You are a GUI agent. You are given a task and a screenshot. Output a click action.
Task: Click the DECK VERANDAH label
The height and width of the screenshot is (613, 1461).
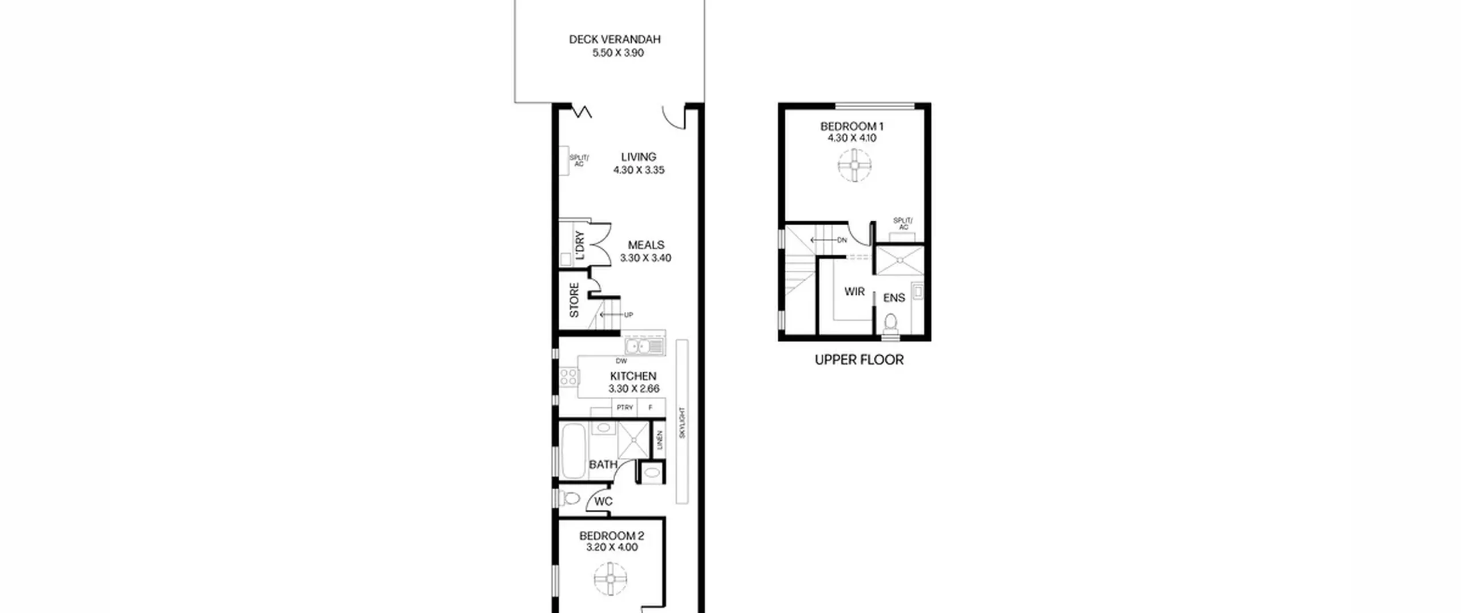point(615,39)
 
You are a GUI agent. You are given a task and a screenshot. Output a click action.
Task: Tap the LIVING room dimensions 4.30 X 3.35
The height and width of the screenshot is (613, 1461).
point(639,170)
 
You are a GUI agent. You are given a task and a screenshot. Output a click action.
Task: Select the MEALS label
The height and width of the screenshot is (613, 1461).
point(646,245)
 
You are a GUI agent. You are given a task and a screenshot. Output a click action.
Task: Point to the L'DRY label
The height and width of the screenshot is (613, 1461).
point(580,245)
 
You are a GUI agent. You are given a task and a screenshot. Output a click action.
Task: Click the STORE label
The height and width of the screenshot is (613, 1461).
point(574,301)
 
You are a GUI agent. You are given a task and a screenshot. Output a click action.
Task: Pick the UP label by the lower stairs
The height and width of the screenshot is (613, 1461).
point(628,315)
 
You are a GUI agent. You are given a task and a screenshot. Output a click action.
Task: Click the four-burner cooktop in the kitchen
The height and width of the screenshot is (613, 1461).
point(568,377)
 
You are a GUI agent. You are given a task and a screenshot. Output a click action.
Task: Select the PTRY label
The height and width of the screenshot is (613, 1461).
point(625,408)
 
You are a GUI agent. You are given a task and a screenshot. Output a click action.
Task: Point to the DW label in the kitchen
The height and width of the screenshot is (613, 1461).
point(621,361)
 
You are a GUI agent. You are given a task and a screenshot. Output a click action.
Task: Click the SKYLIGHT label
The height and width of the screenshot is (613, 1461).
point(682,423)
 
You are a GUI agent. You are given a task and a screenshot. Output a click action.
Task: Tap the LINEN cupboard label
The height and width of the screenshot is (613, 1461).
point(660,440)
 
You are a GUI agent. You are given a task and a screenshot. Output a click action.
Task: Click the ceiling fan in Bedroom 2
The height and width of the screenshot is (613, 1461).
point(611,579)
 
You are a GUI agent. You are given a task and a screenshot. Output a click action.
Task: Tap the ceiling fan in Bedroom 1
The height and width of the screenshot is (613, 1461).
point(855,165)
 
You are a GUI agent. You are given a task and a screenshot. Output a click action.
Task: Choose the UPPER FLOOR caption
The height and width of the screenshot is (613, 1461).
point(859,360)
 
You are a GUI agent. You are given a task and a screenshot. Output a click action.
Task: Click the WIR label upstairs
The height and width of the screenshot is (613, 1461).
point(854,292)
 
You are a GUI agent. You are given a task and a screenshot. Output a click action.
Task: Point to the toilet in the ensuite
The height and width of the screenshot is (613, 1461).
point(890,323)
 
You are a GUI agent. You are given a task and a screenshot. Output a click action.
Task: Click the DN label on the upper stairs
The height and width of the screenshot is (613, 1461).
point(842,241)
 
